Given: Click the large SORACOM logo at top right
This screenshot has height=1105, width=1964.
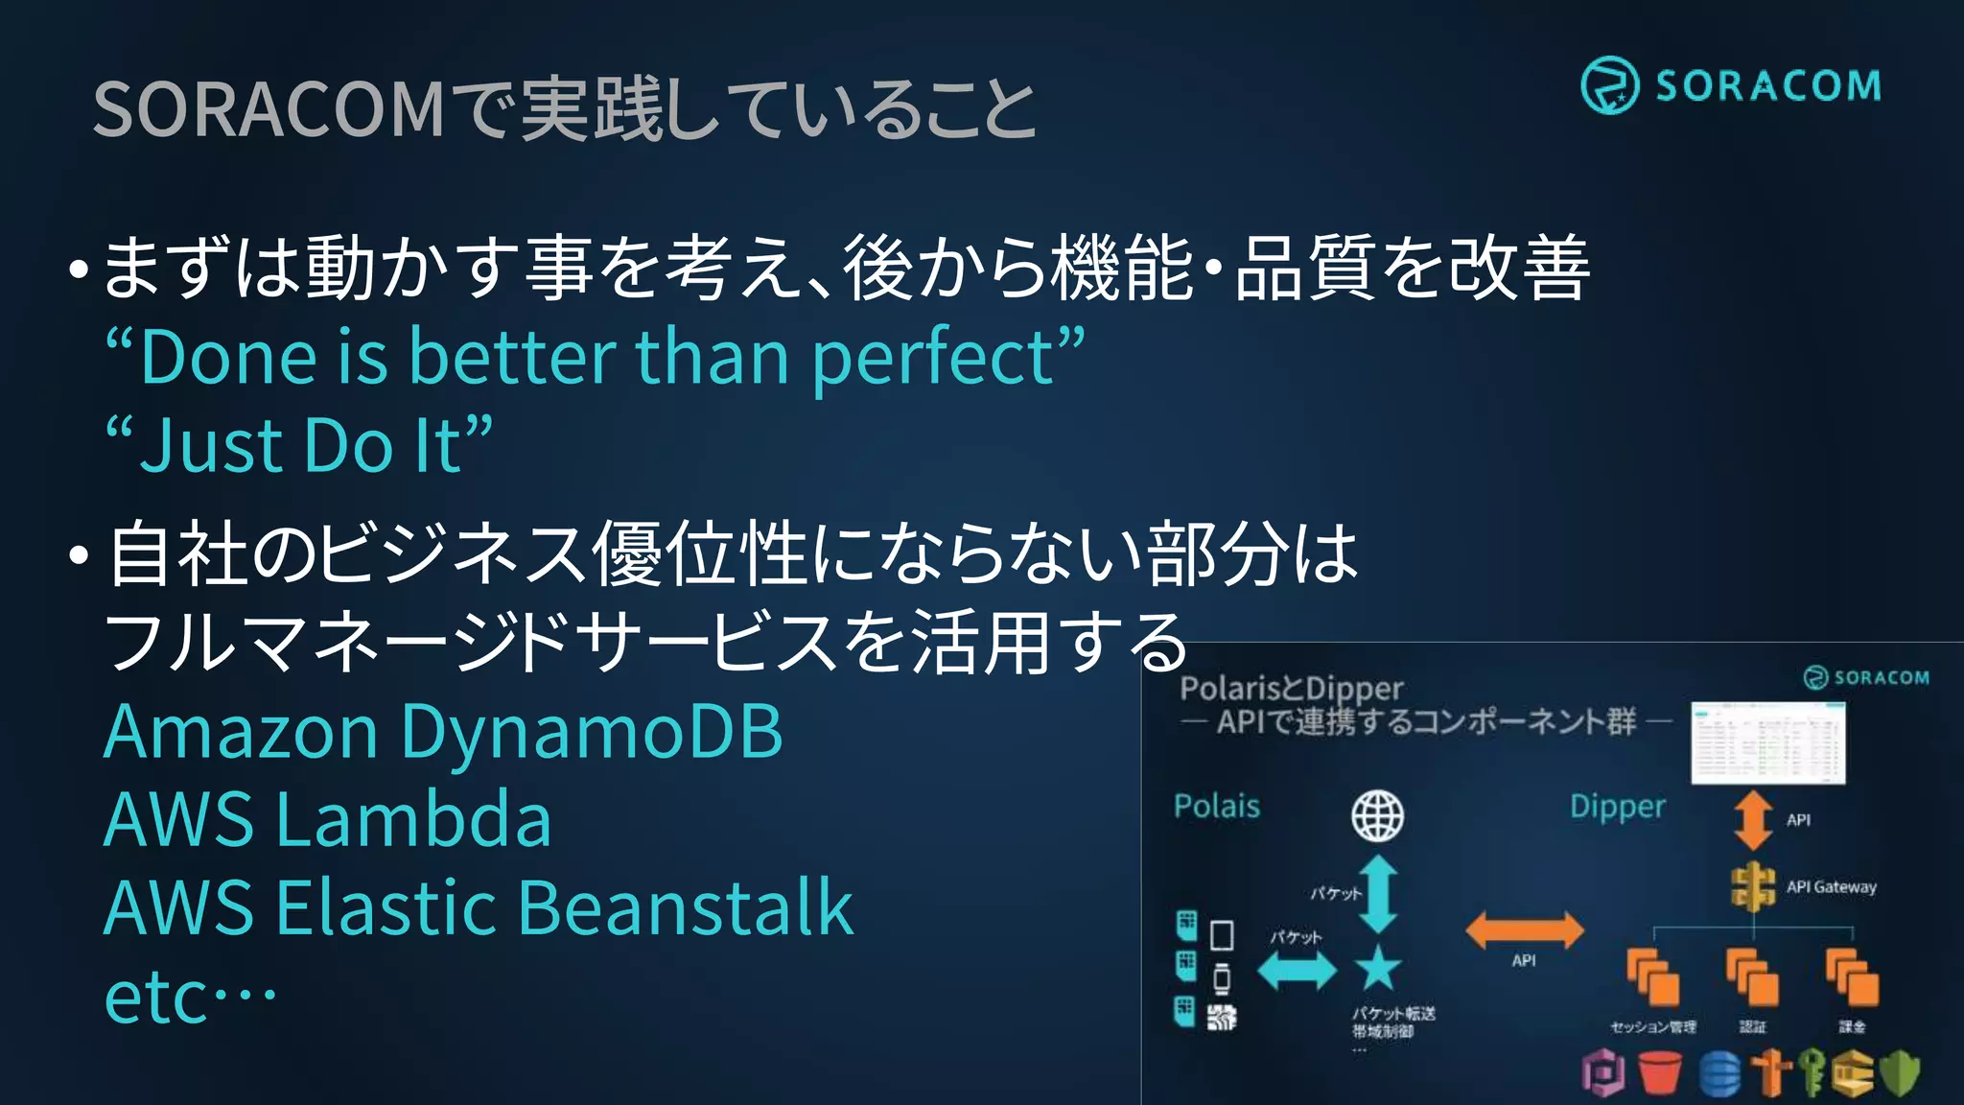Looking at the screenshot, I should (x=1731, y=85).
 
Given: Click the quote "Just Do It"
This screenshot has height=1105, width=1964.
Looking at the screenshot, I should (x=299, y=445).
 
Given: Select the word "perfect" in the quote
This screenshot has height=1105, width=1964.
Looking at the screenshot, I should (x=932, y=358).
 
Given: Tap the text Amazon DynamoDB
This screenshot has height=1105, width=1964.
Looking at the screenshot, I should (x=443, y=732).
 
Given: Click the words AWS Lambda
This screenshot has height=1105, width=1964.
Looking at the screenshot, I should (x=327, y=820).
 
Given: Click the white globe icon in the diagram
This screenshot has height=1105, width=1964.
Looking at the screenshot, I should (x=1377, y=816).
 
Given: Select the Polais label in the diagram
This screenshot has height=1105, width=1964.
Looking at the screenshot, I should (x=1216, y=806).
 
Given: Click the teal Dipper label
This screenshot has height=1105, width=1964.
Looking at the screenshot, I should (x=1617, y=807).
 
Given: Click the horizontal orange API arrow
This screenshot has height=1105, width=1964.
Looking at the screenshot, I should (x=1524, y=929).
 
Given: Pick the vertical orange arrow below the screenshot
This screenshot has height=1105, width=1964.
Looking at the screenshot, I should (x=1753, y=820).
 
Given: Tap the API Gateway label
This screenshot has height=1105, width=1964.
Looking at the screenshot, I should (x=1830, y=887).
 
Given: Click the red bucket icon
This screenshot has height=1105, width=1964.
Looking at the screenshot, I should (x=1660, y=1072).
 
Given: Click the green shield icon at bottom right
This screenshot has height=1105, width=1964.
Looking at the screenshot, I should (x=1900, y=1072).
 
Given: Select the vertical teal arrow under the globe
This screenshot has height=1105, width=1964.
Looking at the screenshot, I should (x=1378, y=894).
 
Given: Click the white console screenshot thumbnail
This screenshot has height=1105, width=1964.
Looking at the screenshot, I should (x=1767, y=743).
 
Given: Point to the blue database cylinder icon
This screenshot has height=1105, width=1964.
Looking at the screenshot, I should (x=1719, y=1072).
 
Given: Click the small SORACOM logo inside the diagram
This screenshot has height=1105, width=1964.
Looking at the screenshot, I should (x=1866, y=677).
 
